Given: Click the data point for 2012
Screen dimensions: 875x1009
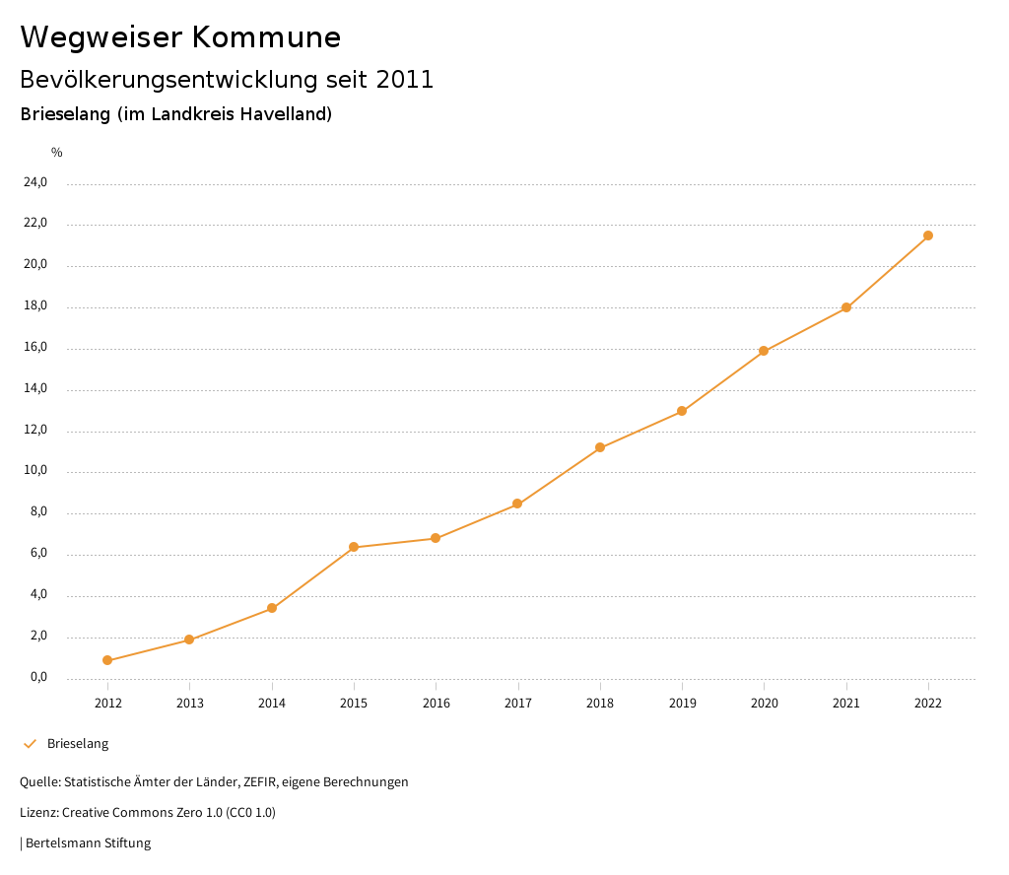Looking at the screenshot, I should [x=107, y=660].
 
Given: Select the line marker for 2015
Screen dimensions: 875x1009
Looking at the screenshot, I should [x=354, y=547].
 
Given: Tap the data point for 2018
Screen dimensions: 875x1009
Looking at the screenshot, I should [x=600, y=447].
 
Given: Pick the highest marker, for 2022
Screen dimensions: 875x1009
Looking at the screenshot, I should [x=928, y=236].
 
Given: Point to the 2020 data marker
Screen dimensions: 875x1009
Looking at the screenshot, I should [x=764, y=351].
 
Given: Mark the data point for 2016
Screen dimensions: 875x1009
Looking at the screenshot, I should [x=436, y=538].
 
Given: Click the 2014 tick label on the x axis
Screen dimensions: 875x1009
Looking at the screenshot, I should [x=272, y=703].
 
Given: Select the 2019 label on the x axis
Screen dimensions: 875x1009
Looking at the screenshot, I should [x=682, y=703].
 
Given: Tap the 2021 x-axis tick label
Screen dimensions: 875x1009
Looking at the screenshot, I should [x=846, y=703].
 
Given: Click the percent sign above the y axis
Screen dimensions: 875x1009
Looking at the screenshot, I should [x=57, y=153].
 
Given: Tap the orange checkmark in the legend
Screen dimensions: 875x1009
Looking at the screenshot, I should [x=30, y=744].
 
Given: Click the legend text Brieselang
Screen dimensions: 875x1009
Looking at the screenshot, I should [x=78, y=744].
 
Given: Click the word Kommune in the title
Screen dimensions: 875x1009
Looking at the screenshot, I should [x=266, y=37].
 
